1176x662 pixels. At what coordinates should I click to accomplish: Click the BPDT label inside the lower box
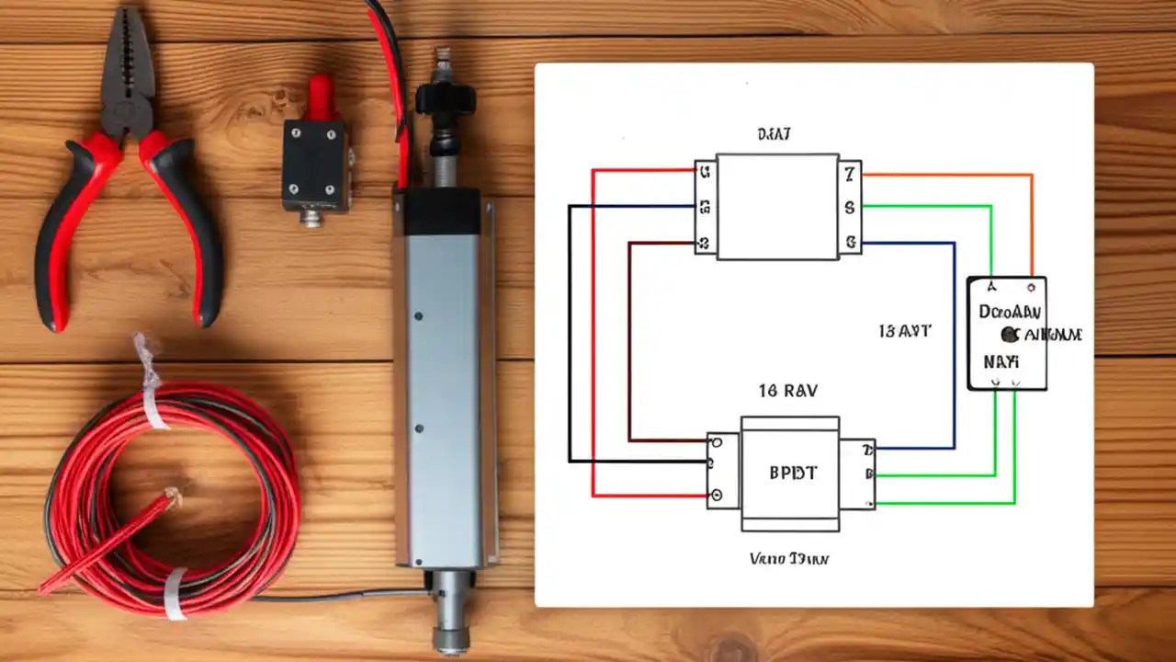click(791, 474)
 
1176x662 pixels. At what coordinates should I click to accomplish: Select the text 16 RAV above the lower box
click(787, 390)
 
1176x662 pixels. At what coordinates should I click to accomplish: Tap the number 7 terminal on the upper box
click(850, 172)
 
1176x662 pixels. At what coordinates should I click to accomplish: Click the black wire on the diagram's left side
click(570, 331)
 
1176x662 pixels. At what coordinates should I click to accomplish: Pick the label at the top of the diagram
click(775, 134)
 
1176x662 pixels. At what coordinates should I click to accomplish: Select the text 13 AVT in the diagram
click(904, 331)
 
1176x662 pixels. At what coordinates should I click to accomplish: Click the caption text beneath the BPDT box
click(789, 558)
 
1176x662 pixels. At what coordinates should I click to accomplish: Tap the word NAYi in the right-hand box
click(1001, 361)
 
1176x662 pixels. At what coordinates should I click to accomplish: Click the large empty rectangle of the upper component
click(777, 207)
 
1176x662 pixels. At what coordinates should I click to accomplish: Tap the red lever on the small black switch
click(321, 97)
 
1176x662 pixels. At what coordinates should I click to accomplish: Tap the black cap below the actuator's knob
click(442, 211)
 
